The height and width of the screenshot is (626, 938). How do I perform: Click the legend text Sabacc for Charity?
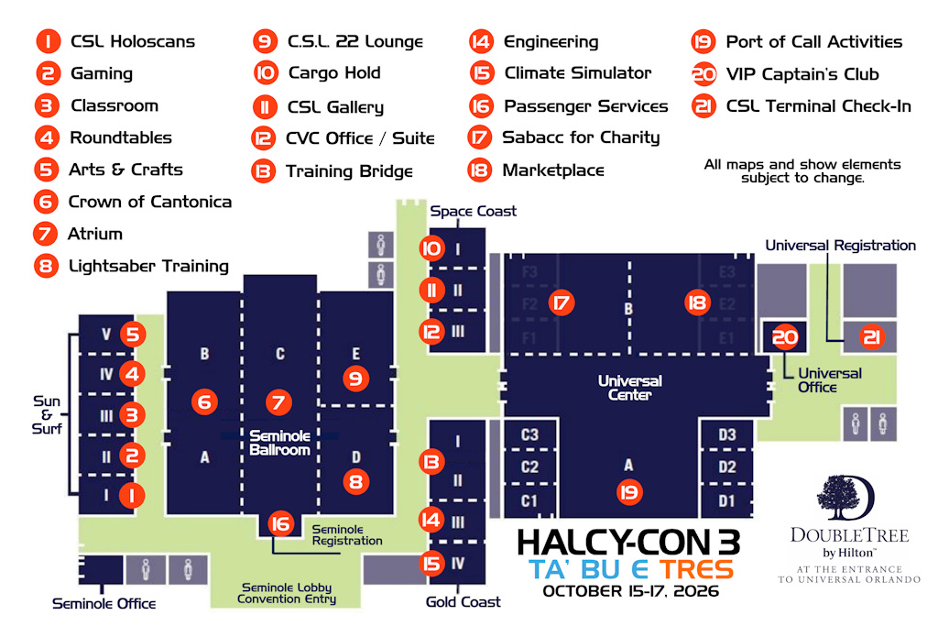pos(581,138)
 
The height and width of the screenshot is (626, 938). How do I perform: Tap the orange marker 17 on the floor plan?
pos(561,302)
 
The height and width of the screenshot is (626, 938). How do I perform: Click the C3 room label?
pos(529,435)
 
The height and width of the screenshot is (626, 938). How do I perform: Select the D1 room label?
pos(726,500)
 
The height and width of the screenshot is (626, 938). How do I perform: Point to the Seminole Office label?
pos(104,604)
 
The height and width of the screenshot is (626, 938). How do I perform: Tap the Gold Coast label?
pos(464,602)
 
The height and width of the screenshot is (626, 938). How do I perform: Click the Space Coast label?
pos(474,212)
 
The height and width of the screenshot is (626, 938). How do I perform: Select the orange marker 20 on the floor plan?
pos(784,337)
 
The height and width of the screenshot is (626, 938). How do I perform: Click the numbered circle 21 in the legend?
pos(703,106)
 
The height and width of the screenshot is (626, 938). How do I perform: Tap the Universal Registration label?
pos(840,246)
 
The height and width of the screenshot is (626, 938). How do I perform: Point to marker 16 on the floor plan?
pos(280,523)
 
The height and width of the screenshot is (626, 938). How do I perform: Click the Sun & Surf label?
pos(47,414)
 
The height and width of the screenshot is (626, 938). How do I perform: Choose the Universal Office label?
pos(830,379)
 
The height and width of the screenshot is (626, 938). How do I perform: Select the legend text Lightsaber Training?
pos(148,267)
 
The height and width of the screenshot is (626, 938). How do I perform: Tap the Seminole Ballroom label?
pos(280,443)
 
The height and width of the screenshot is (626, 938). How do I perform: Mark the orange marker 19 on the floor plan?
pos(628,492)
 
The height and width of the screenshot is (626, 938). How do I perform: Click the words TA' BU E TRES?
pos(629,568)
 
